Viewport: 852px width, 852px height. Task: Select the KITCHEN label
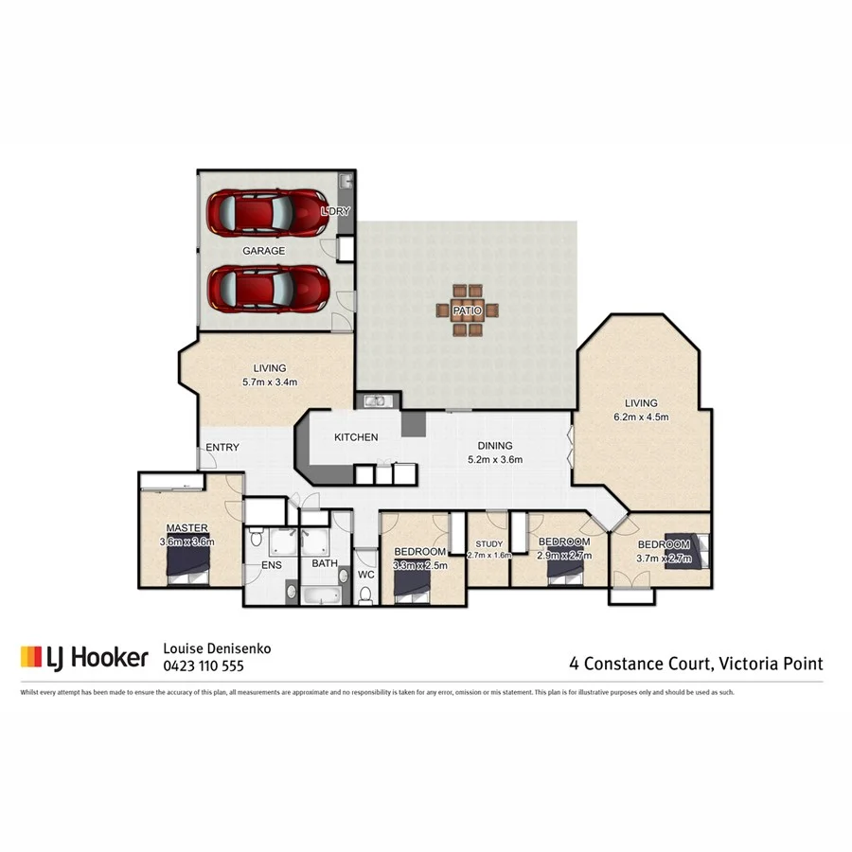coord(356,437)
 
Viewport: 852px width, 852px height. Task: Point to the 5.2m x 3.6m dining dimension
coord(494,460)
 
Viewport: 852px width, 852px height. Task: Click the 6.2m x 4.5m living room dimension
coord(641,417)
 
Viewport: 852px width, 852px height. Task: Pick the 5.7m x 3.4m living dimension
coord(270,383)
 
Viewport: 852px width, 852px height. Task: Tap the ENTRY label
coord(222,448)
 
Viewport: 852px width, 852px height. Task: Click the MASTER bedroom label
coord(186,527)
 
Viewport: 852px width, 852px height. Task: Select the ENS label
coord(273,566)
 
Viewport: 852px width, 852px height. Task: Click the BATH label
coord(325,566)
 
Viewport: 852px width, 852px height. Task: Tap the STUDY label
coord(489,543)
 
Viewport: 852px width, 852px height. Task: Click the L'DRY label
coord(335,211)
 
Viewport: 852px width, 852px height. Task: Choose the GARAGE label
coord(263,251)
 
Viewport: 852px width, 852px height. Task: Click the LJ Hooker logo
coord(84,657)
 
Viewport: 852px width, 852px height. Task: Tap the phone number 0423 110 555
coord(204,666)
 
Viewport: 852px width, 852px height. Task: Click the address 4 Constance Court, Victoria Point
coord(696,663)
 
